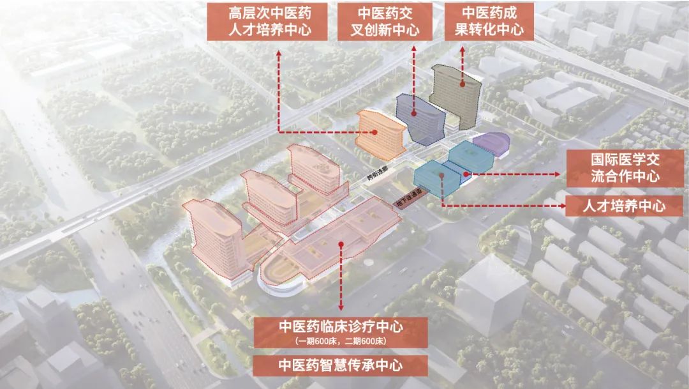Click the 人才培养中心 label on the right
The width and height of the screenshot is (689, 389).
click(x=625, y=206)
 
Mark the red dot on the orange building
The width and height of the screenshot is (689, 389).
click(x=376, y=132)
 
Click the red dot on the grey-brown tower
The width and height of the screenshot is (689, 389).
click(x=463, y=82)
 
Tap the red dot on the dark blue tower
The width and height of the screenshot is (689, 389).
click(x=414, y=114)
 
